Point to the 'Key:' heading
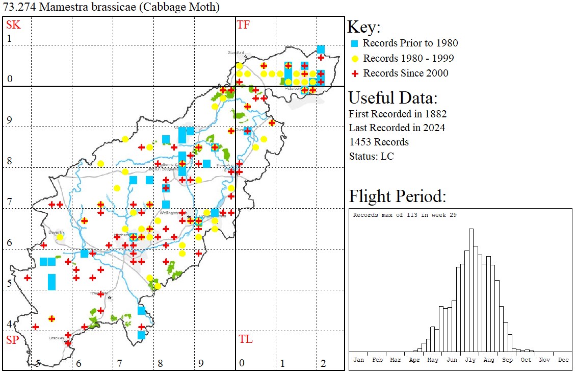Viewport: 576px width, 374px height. (x=364, y=27)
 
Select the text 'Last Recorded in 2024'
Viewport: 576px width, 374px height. (x=397, y=128)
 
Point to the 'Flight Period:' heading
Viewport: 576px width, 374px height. (x=397, y=196)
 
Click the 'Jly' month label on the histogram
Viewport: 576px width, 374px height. (x=470, y=360)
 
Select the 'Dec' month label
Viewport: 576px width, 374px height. (x=563, y=360)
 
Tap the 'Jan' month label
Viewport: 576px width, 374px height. (x=358, y=360)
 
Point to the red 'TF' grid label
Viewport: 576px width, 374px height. (x=244, y=24)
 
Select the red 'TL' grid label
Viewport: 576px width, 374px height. (x=245, y=339)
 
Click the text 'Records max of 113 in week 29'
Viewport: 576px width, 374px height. (x=405, y=215)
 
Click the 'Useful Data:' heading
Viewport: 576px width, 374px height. (x=393, y=98)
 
